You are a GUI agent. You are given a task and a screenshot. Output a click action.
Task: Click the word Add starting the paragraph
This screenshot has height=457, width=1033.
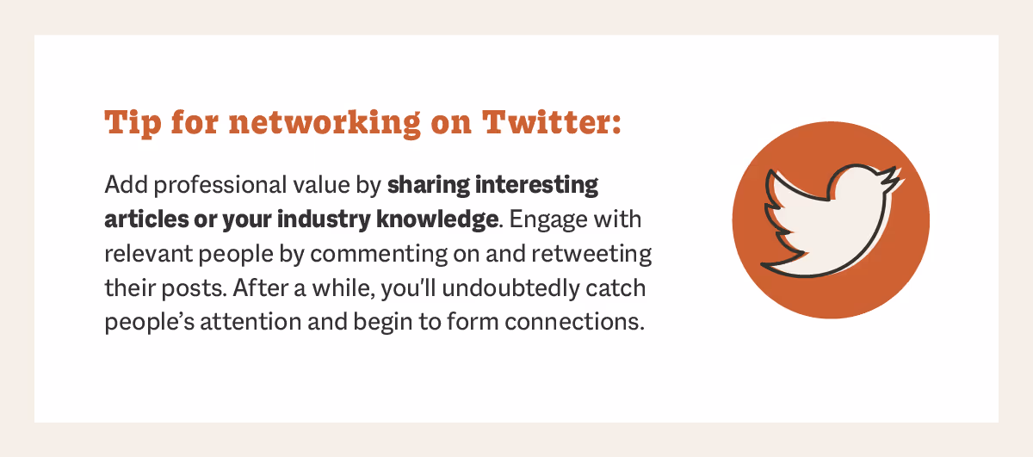pos(121,185)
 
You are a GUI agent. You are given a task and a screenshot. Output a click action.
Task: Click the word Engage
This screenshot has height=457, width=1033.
pos(550,219)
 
